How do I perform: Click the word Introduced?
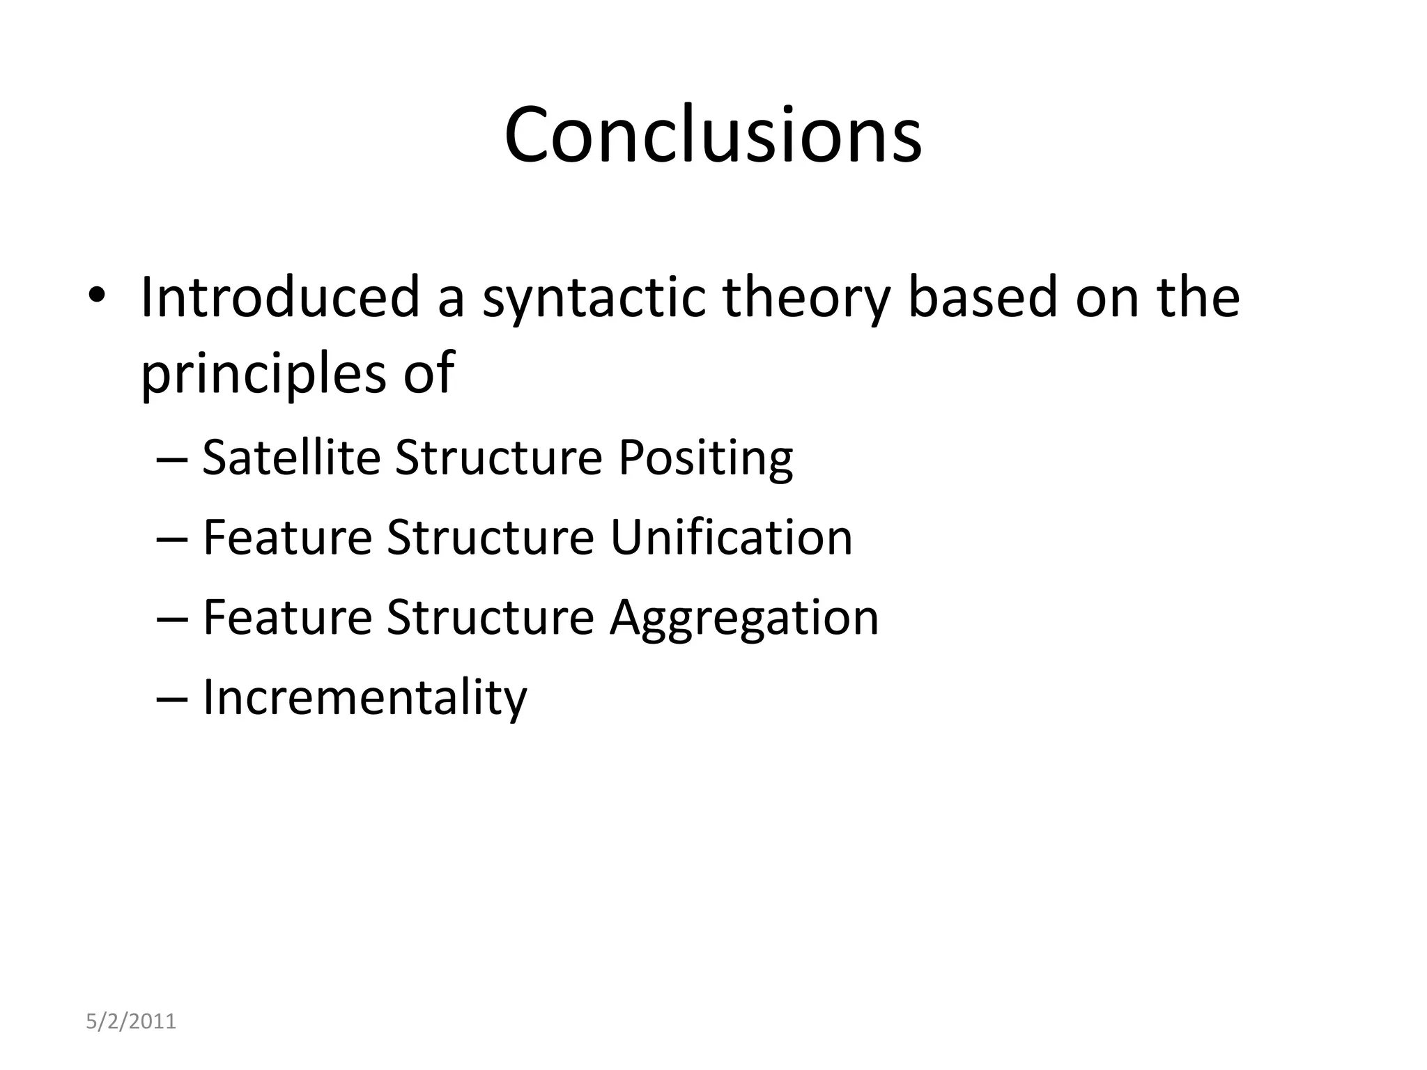[280, 298]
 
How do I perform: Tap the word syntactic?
[594, 298]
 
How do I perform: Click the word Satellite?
[291, 458]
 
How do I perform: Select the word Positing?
[705, 458]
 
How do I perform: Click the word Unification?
[731, 538]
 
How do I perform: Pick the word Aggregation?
[743, 619]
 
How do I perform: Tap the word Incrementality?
[364, 698]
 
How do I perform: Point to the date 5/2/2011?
[131, 1022]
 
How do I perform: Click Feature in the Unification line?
[287, 538]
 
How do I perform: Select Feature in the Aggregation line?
[287, 618]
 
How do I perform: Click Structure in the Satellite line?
[498, 458]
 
